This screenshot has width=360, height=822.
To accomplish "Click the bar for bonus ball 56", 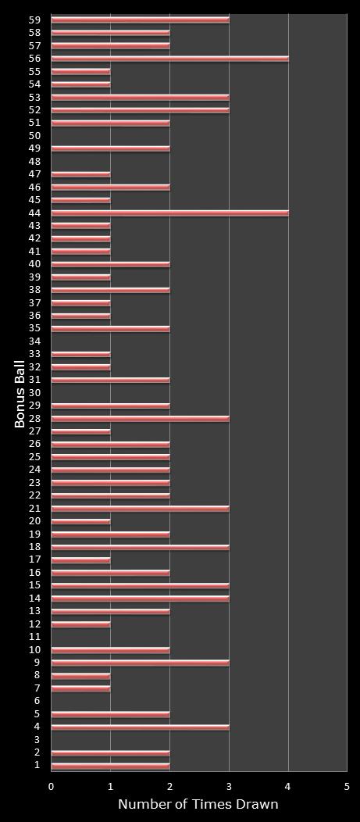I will click(169, 59).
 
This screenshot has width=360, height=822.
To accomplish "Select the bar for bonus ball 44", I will click(169, 213).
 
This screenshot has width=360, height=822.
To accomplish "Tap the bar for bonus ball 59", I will click(141, 20).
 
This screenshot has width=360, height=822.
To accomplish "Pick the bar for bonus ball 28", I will click(141, 419).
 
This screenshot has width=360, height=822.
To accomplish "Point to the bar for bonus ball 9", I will click(141, 663).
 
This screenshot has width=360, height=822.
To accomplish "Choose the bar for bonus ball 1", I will click(110, 766).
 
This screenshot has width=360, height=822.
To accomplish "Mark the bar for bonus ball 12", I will click(80, 624).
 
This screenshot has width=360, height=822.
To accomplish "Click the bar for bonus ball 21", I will click(141, 509).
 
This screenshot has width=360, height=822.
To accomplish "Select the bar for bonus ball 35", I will click(110, 329).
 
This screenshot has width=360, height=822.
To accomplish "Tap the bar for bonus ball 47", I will click(80, 174).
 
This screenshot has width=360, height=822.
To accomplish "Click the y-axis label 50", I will click(34, 136).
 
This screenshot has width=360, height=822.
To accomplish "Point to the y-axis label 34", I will click(34, 341).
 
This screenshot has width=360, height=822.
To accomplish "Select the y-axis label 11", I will click(34, 637).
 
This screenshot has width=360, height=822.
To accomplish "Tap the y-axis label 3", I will click(37, 740).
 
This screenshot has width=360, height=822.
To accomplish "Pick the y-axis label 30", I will click(34, 393).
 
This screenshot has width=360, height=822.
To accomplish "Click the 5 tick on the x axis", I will click(347, 786).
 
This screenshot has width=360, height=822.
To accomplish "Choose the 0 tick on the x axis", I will click(52, 786).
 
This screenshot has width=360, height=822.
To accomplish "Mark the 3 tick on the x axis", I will click(229, 786).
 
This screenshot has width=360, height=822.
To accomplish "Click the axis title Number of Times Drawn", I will click(198, 805).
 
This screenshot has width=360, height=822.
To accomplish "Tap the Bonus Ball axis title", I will click(20, 393).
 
